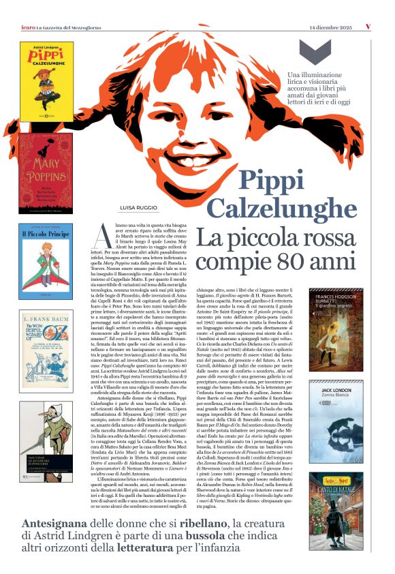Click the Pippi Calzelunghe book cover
pyautogui.click(x=46, y=81)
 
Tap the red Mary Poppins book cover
pyautogui.click(x=46, y=173)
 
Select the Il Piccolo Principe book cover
pyautogui.click(x=46, y=260)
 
